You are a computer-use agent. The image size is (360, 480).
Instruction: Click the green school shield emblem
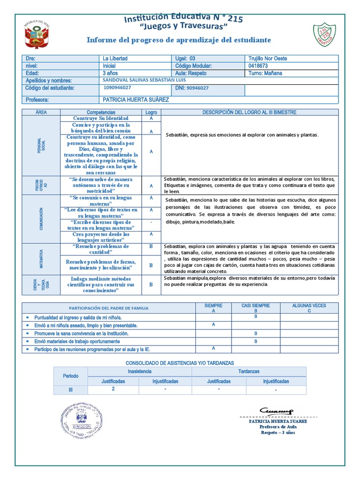324,35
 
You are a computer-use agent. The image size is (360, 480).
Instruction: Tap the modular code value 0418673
258,66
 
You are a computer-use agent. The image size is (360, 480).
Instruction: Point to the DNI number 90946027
197,88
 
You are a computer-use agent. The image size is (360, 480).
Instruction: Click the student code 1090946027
118,88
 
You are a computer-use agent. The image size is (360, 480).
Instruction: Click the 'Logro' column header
151,112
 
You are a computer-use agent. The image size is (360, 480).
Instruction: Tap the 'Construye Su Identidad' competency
101,118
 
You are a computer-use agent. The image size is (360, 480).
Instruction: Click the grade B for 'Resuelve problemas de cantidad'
151,246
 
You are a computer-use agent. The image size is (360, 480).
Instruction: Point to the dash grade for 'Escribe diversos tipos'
151,221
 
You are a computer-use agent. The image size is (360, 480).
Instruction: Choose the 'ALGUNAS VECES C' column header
309,308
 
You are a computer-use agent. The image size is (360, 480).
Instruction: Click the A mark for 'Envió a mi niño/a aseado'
213,324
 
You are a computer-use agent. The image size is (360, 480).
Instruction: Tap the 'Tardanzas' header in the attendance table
248,371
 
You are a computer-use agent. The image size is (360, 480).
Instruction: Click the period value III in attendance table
71,390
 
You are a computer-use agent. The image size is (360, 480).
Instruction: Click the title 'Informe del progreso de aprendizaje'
179,40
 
